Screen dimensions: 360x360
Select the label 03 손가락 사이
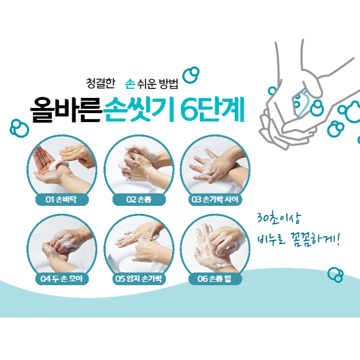tap(215, 200)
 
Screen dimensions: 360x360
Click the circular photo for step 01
tap(62, 166)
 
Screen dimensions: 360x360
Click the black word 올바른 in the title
tap(66, 110)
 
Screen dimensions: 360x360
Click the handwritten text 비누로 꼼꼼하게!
tap(298, 241)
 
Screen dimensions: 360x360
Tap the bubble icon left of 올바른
tap(20, 128)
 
